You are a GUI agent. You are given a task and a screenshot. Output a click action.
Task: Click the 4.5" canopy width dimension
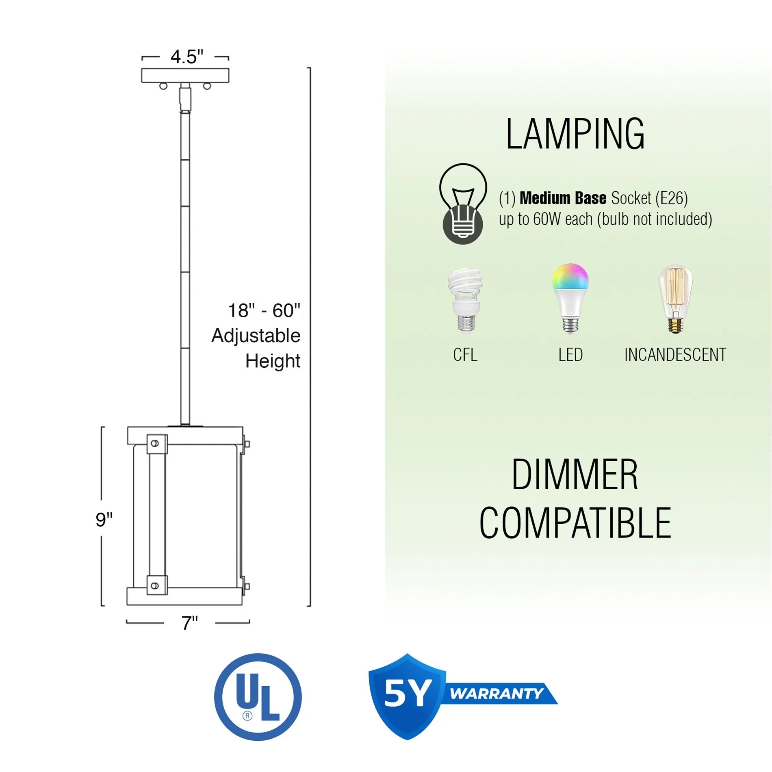pyautogui.click(x=186, y=57)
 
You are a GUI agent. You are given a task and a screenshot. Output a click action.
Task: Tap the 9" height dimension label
pyautogui.click(x=104, y=519)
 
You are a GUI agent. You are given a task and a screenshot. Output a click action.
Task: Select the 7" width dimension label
pyautogui.click(x=189, y=623)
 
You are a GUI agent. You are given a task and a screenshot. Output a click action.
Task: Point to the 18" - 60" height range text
pyautogui.click(x=264, y=311)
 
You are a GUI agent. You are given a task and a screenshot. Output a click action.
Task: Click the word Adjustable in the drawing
pyautogui.click(x=256, y=336)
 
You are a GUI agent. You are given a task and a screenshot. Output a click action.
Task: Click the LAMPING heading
pyautogui.click(x=575, y=134)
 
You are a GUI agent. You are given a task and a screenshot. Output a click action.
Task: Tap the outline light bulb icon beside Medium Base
pyautogui.click(x=463, y=203)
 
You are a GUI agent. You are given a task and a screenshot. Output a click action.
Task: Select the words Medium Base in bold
pyautogui.click(x=563, y=198)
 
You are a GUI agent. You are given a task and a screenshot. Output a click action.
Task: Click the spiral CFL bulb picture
pyautogui.click(x=465, y=300)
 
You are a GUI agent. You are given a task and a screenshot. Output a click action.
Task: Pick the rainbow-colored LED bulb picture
pyautogui.click(x=570, y=298)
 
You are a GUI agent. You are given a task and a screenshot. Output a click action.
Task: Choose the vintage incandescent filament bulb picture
pyautogui.click(x=675, y=298)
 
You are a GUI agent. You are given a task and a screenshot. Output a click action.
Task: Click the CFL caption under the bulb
pyautogui.click(x=465, y=355)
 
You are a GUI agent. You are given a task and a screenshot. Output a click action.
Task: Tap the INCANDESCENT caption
pyautogui.click(x=675, y=355)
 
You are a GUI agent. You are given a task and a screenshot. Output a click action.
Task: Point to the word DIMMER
pyautogui.click(x=575, y=474)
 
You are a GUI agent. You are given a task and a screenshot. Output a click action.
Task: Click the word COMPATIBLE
pyautogui.click(x=575, y=523)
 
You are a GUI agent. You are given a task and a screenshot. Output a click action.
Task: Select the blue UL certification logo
pyautogui.click(x=258, y=697)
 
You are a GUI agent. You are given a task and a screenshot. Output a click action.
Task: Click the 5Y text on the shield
pyautogui.click(x=408, y=694)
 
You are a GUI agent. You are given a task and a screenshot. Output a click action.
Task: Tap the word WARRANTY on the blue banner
pyautogui.click(x=497, y=694)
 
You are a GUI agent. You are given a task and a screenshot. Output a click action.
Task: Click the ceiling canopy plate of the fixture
pyautogui.click(x=185, y=76)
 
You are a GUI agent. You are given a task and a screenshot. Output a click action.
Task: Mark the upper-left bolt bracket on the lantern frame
pyautogui.click(x=156, y=444)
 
